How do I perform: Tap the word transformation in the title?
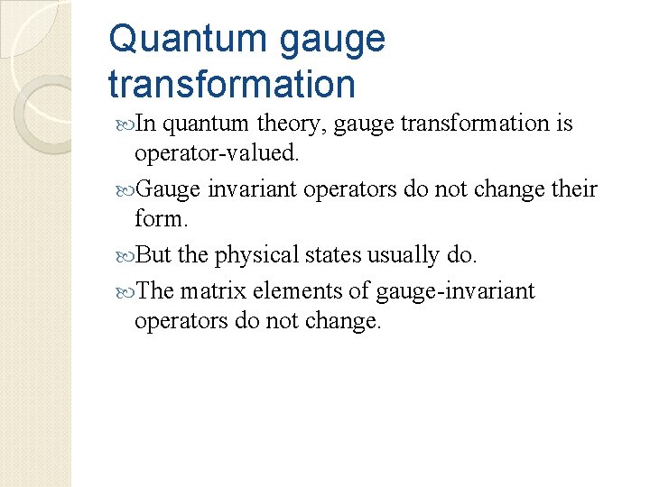[x=231, y=84]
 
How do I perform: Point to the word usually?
[x=404, y=255]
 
